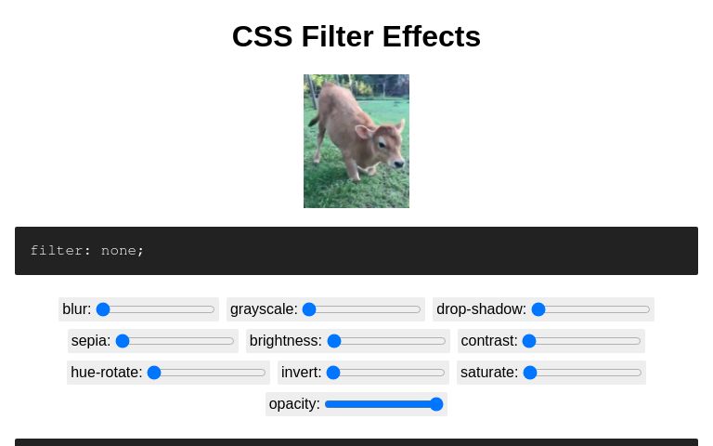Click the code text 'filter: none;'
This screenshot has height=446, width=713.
[87, 250]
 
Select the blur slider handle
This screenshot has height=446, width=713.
[103, 309]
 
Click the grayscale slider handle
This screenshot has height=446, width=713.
[309, 309]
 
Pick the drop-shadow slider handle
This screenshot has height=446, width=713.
[538, 309]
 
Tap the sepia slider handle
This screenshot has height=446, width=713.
[123, 341]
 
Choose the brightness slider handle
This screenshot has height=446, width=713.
[334, 341]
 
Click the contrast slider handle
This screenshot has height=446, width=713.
[529, 341]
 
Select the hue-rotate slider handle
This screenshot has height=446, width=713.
[154, 373]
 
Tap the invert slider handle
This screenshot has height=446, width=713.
[333, 373]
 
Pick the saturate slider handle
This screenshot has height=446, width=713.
[530, 373]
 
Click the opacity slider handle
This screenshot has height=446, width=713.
[436, 404]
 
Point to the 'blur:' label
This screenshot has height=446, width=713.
[76, 309]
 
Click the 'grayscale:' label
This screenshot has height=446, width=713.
[264, 309]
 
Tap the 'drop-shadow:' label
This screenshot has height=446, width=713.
[481, 309]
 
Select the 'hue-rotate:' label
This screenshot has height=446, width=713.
[106, 373]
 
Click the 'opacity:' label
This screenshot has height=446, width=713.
[294, 404]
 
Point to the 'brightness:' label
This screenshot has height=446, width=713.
[285, 341]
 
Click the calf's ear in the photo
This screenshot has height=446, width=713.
[363, 132]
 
